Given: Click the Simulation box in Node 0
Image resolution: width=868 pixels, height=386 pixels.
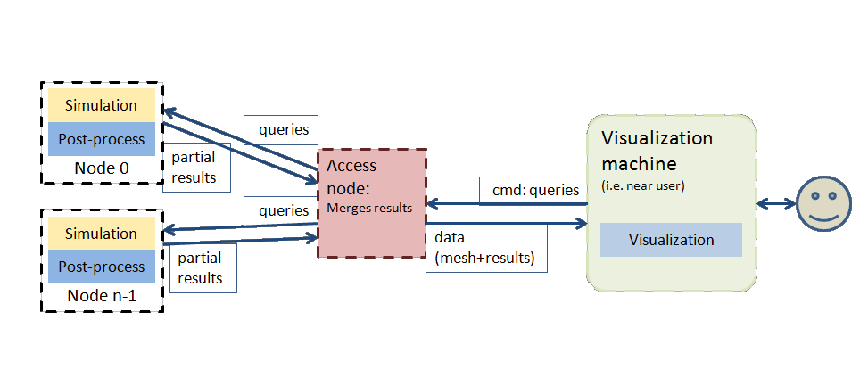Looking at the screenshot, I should tap(101, 105).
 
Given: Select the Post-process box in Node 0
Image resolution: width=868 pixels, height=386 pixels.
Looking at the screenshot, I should tap(101, 139).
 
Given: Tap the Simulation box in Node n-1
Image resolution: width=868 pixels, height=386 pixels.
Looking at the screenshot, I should tap(101, 234).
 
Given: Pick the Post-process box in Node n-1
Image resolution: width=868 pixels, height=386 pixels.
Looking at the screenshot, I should tap(101, 267).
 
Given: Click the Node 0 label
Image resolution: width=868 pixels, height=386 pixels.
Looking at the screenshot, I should tap(101, 167).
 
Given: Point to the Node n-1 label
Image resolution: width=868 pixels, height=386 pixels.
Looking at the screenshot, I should tap(101, 295).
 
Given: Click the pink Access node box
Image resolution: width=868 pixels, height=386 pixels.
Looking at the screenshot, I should tap(373, 203).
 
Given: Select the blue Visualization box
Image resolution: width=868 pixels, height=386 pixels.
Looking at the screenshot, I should tap(671, 240).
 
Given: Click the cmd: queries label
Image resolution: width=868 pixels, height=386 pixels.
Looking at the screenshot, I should tap(535, 190).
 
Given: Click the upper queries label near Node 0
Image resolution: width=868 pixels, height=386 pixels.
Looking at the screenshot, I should tap(284, 130).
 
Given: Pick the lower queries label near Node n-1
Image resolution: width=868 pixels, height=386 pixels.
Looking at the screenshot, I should tap(283, 211).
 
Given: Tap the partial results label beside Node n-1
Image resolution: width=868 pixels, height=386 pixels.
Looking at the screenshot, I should tap(200, 267).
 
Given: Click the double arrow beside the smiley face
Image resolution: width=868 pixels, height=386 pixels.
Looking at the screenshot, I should tap(776, 203).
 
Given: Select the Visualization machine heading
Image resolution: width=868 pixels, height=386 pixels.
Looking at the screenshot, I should tap(657, 152).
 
